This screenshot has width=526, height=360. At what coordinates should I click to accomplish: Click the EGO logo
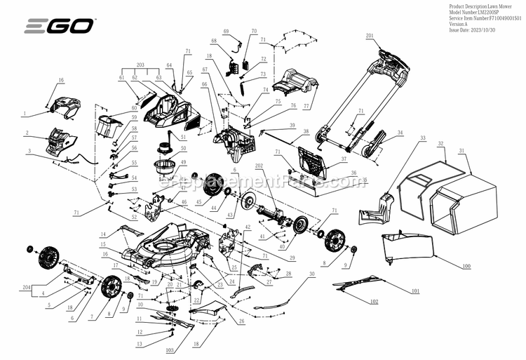coord(59,27)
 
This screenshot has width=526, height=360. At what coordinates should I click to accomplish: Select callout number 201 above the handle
coord(370,35)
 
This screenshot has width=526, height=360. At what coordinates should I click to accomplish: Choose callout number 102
coord(373,301)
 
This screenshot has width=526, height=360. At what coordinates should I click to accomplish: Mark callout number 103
coord(169,349)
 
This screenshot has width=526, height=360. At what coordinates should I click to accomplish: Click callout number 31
coord(461,151)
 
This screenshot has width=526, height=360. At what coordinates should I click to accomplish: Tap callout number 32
coord(441,143)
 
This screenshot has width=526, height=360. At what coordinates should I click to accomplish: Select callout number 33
coord(422,138)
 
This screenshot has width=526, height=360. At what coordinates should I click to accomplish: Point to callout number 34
coord(400,132)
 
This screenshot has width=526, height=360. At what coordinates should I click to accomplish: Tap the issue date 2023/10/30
coord(474,31)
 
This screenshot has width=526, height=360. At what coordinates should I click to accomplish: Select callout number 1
coord(24,113)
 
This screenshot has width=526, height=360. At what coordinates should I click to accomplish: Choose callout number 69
coord(227,32)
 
